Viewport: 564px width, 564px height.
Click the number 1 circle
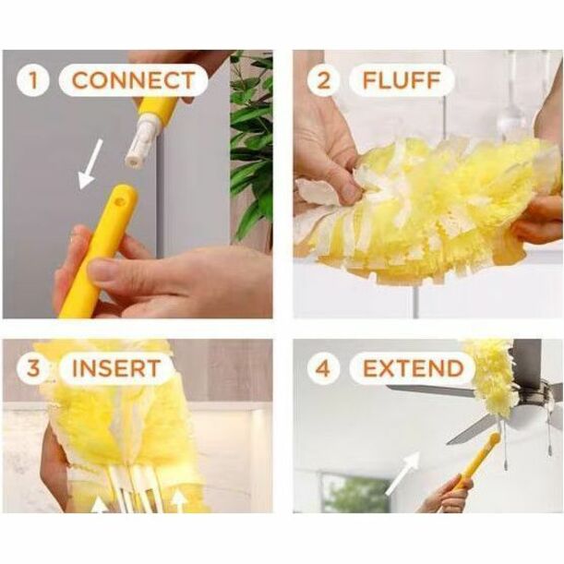coord(32,80)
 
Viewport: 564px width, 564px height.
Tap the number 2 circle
coord(323,80)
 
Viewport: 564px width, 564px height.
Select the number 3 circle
coord(33,368)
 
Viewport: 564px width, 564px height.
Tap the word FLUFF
coord(402,80)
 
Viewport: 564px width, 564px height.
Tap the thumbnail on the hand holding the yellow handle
coord(101,271)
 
